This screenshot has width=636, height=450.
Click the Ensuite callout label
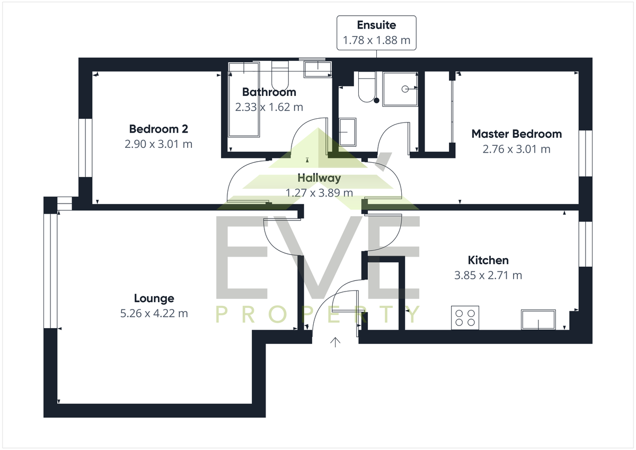click(x=376, y=33)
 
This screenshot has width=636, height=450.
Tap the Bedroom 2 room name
click(x=158, y=129)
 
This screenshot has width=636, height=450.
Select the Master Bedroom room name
click(x=516, y=134)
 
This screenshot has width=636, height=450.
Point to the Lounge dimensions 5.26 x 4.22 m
click(x=154, y=313)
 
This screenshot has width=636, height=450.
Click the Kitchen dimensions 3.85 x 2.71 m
click(x=488, y=275)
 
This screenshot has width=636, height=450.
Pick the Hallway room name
click(x=319, y=178)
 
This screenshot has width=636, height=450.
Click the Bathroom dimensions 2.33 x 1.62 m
click(x=269, y=107)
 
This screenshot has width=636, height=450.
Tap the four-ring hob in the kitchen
click(x=465, y=317)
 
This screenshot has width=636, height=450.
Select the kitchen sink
click(x=538, y=320)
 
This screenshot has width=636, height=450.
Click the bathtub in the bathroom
click(x=244, y=100)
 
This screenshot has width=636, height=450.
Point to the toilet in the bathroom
click(x=280, y=75)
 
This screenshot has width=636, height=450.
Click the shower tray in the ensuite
click(x=400, y=89)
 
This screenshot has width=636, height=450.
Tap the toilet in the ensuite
click(x=367, y=87)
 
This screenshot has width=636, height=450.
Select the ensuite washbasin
click(x=348, y=132)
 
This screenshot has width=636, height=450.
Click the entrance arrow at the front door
click(x=335, y=342)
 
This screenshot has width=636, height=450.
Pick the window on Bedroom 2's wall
click(x=85, y=148)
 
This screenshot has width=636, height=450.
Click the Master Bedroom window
click(x=586, y=153)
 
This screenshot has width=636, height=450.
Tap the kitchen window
click(x=586, y=244)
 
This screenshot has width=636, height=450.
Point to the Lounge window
click(x=50, y=271)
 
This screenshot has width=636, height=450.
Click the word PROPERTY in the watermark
click(x=317, y=314)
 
